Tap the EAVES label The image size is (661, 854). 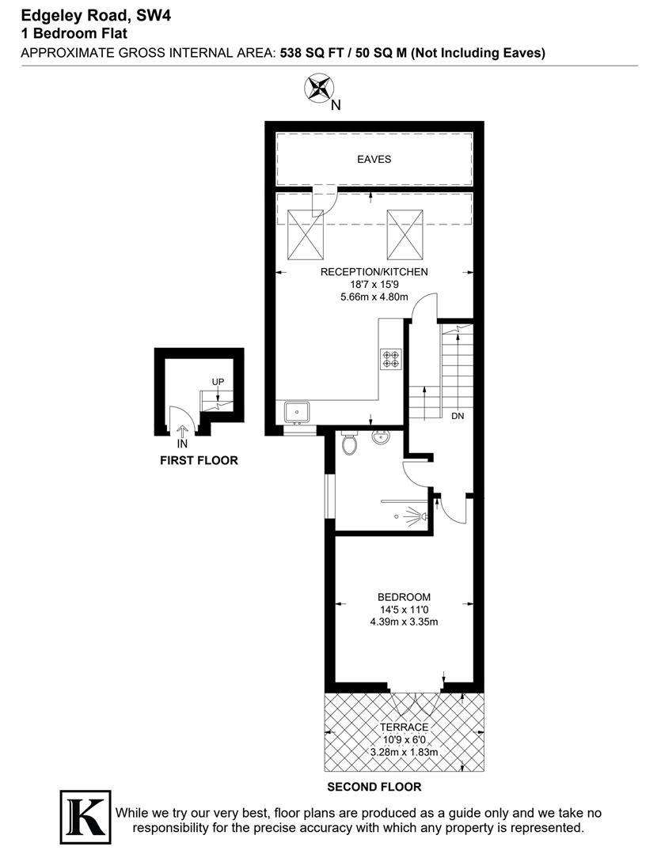374,159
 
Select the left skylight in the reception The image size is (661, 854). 305,234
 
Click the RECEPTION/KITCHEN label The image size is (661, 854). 374,272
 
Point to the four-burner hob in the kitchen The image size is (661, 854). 391,360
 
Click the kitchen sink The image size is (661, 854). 298,412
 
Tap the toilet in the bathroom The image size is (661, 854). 349,444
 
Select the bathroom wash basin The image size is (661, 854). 381,436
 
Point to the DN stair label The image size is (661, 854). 458,415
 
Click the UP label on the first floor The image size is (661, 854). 218,382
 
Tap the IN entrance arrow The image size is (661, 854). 183,433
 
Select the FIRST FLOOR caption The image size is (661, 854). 199,460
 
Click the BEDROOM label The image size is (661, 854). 404,597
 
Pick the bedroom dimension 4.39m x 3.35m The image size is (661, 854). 404,622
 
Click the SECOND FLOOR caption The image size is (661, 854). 374,787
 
